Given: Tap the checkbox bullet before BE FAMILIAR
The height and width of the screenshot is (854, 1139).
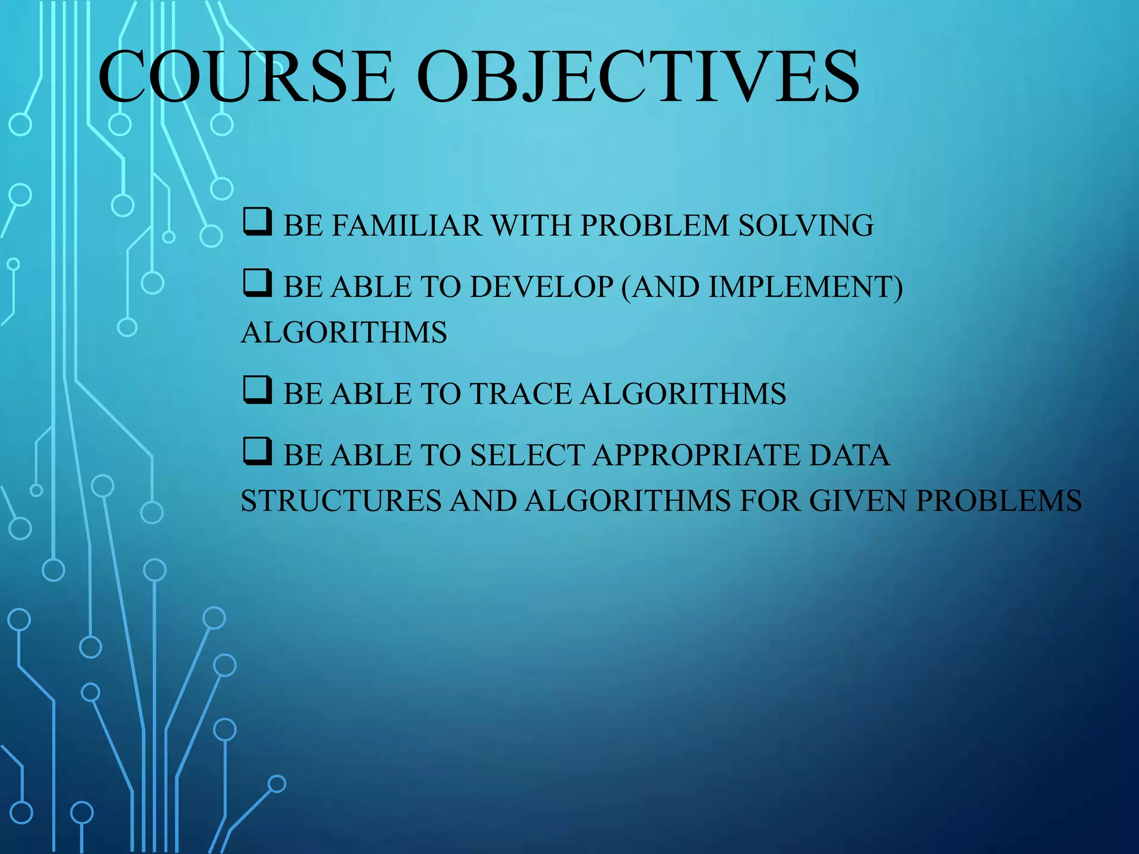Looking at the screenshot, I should (257, 222).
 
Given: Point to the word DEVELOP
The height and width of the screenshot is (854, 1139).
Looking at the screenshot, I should (541, 287).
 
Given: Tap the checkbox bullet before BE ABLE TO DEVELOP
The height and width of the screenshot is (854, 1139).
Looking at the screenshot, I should (257, 284).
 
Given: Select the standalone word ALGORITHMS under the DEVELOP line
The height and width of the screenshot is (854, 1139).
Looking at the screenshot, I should (344, 332).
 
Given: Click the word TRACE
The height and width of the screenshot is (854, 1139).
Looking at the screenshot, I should (521, 394).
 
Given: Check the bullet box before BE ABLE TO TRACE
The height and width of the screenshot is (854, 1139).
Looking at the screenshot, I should (257, 390).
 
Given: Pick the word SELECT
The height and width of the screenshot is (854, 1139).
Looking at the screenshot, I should (526, 455).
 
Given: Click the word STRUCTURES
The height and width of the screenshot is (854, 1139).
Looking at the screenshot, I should (341, 501).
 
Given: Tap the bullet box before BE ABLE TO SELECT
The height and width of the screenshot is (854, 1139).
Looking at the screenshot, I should (257, 451).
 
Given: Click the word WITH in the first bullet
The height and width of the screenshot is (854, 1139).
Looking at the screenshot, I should (531, 226).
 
